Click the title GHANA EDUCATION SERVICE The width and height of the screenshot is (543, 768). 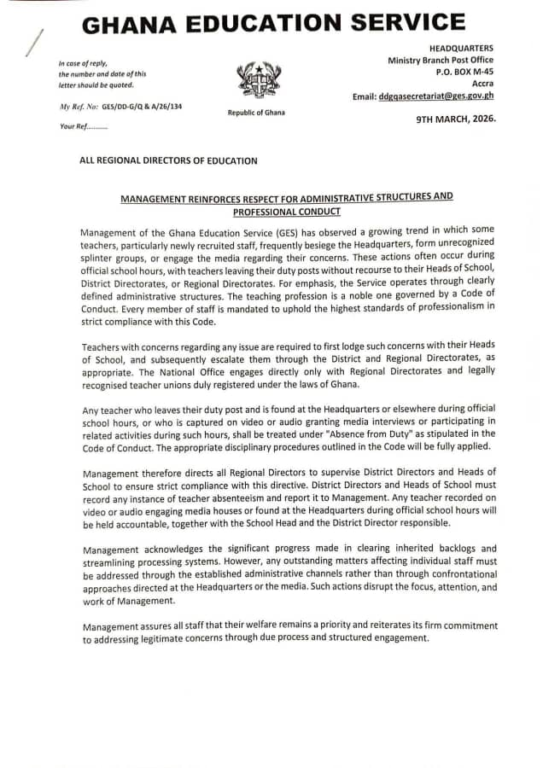(273, 23)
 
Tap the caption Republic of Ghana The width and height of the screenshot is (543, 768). (256, 113)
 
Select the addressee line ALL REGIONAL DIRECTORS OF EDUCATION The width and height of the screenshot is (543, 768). (168, 160)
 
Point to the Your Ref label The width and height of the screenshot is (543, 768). (83, 126)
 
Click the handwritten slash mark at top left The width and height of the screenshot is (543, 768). (33, 43)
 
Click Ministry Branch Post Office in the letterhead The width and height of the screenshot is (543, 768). (441, 61)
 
